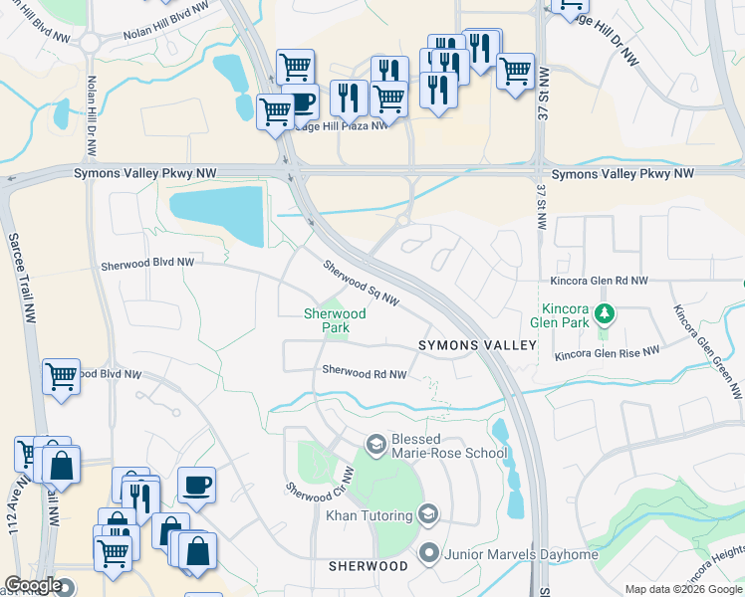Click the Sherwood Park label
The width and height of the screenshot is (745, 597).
click(x=335, y=320)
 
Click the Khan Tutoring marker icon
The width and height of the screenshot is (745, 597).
click(x=428, y=514)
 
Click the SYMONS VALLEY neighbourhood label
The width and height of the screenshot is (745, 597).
click(x=476, y=344)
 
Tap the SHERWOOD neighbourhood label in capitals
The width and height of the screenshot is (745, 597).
click(x=369, y=566)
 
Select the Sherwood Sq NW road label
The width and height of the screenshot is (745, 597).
click(x=361, y=284)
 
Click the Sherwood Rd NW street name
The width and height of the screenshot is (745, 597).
click(x=365, y=373)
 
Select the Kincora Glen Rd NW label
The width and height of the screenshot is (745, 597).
click(x=599, y=282)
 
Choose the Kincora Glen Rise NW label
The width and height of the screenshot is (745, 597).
click(x=608, y=353)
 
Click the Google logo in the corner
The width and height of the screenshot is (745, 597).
click(x=33, y=586)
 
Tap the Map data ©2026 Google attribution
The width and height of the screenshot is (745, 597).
click(x=683, y=589)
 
